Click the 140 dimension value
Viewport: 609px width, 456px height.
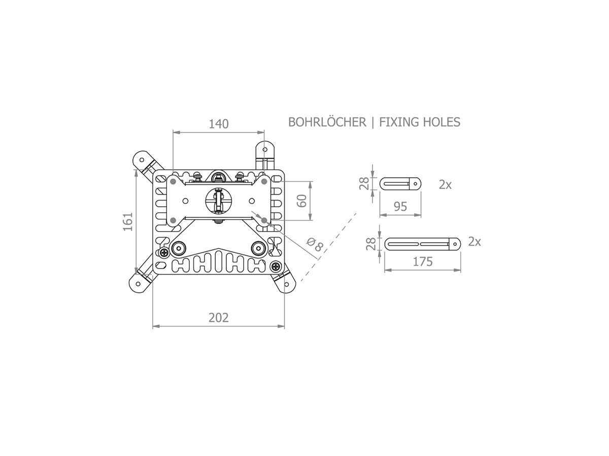[219, 124]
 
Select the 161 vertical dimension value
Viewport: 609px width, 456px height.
[127, 221]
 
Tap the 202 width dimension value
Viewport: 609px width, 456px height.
[219, 318]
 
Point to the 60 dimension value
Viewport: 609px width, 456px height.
[301, 200]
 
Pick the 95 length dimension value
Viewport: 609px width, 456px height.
[400, 206]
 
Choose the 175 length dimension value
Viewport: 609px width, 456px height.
[422, 261]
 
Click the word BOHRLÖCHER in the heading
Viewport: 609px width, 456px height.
[327, 122]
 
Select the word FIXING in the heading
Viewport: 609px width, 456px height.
[397, 122]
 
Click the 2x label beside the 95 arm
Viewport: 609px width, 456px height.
[445, 185]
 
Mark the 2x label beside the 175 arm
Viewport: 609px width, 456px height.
[475, 242]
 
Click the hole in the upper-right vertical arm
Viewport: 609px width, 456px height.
[264, 149]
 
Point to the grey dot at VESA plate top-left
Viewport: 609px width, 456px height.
[174, 181]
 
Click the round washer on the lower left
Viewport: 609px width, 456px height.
[179, 247]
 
